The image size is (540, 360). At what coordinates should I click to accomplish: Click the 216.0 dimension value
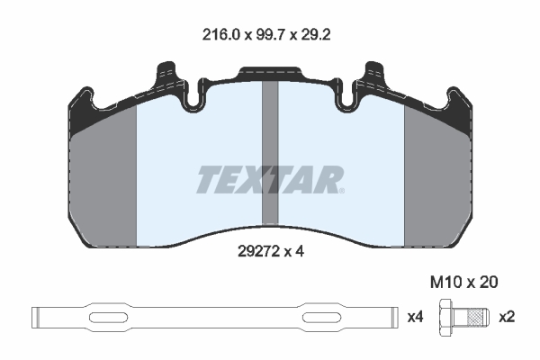pyautogui.click(x=220, y=35)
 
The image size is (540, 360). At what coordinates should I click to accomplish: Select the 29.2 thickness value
pyautogui.click(x=316, y=35)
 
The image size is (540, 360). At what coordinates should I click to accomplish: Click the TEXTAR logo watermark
pyautogui.click(x=270, y=180)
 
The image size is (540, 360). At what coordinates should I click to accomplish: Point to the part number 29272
pyautogui.click(x=258, y=251)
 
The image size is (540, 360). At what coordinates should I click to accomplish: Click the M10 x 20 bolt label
pyautogui.click(x=463, y=283)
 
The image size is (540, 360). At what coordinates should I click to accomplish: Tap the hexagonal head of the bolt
pyautogui.click(x=446, y=317)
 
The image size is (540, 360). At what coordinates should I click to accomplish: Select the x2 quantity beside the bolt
pyautogui.click(x=507, y=317)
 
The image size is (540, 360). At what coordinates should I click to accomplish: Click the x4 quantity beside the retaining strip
pyautogui.click(x=415, y=317)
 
